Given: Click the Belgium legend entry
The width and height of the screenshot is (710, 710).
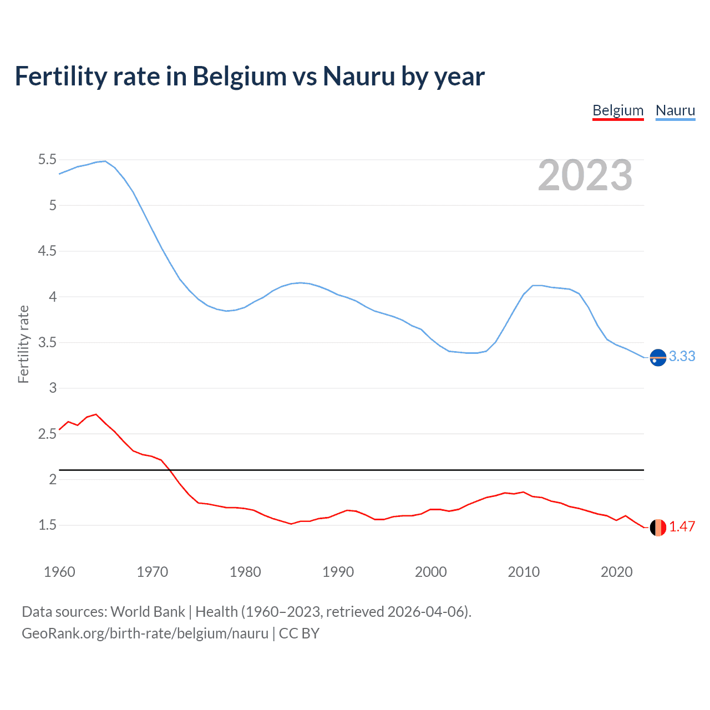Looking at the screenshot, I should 618,110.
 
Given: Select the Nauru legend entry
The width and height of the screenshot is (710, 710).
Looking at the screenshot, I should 675,110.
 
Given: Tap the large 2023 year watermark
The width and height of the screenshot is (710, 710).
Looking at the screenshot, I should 585,175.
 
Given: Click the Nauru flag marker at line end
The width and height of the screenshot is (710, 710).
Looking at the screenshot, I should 658,358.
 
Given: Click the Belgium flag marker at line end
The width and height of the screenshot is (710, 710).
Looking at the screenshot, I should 658,528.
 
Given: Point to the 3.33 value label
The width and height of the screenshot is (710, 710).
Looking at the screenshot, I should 682,356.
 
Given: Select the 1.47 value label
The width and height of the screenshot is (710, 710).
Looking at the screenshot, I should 682,526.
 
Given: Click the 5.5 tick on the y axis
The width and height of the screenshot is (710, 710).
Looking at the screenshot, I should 47,160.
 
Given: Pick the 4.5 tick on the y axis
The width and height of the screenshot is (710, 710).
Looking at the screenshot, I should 47,251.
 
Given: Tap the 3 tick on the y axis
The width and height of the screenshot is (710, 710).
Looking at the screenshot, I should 53,388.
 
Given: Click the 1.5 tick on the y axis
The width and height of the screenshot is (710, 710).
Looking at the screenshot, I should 47,525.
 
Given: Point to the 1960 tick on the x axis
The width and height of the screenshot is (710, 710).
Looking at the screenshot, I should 59,572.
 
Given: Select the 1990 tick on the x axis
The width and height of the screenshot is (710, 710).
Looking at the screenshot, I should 338,572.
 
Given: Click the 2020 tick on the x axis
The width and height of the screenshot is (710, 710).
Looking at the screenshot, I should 616,572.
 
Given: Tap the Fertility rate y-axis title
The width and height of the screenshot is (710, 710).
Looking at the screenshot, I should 23,344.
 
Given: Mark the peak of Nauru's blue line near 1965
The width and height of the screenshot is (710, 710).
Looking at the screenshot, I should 105,161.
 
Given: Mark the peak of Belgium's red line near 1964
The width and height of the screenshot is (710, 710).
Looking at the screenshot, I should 96,414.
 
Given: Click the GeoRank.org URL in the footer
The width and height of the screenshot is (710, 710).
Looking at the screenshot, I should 145,633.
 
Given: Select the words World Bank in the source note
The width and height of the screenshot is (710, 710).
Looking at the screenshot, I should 148,611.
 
